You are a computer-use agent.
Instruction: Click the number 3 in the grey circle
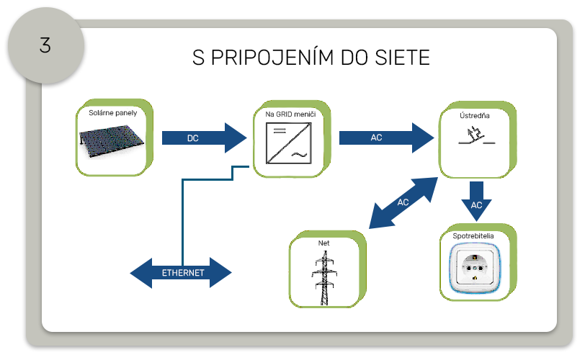[45, 45]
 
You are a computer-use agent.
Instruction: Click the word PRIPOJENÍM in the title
[270, 58]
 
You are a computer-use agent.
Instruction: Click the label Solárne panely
[112, 113]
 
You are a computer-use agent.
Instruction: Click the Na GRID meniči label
[288, 114]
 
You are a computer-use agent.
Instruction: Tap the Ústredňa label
[475, 114]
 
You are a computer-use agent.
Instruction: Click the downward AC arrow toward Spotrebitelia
[476, 201]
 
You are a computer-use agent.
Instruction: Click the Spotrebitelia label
[476, 235]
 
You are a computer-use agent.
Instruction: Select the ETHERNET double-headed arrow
[182, 274]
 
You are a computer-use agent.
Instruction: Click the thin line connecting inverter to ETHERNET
[183, 216]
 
